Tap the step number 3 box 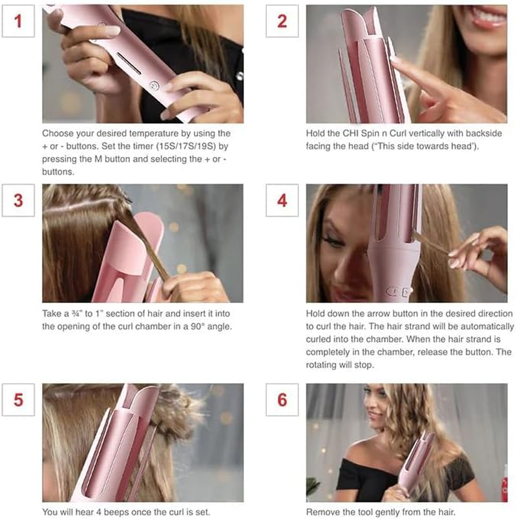click(18, 200)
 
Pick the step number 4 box click(282, 200)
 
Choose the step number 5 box click(18, 399)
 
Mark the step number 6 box click(282, 399)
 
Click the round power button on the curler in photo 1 click(154, 85)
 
